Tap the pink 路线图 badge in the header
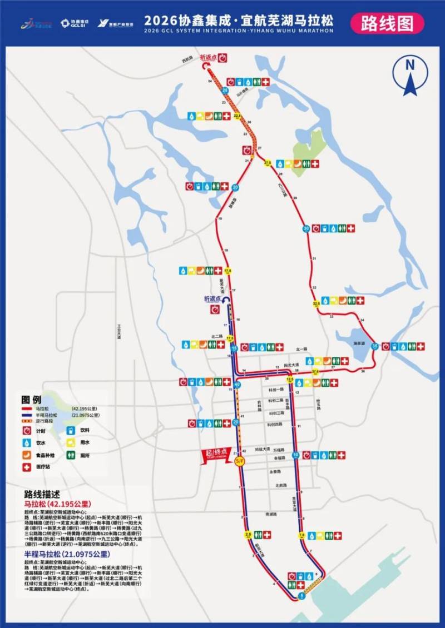coord(387,23)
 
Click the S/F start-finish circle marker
coord(240,461)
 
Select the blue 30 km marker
coord(306,228)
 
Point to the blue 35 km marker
coord(374,346)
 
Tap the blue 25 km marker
coord(225,89)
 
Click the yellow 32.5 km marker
coord(317,304)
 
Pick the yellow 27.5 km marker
coord(268,163)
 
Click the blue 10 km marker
coord(296,455)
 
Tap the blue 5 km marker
coord(301,595)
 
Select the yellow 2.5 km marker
coord(248,535)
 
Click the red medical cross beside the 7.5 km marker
coord(337,536)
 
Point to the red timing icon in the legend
coord(27,430)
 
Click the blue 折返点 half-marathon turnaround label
coord(212,299)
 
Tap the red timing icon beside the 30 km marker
coord(317,228)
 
